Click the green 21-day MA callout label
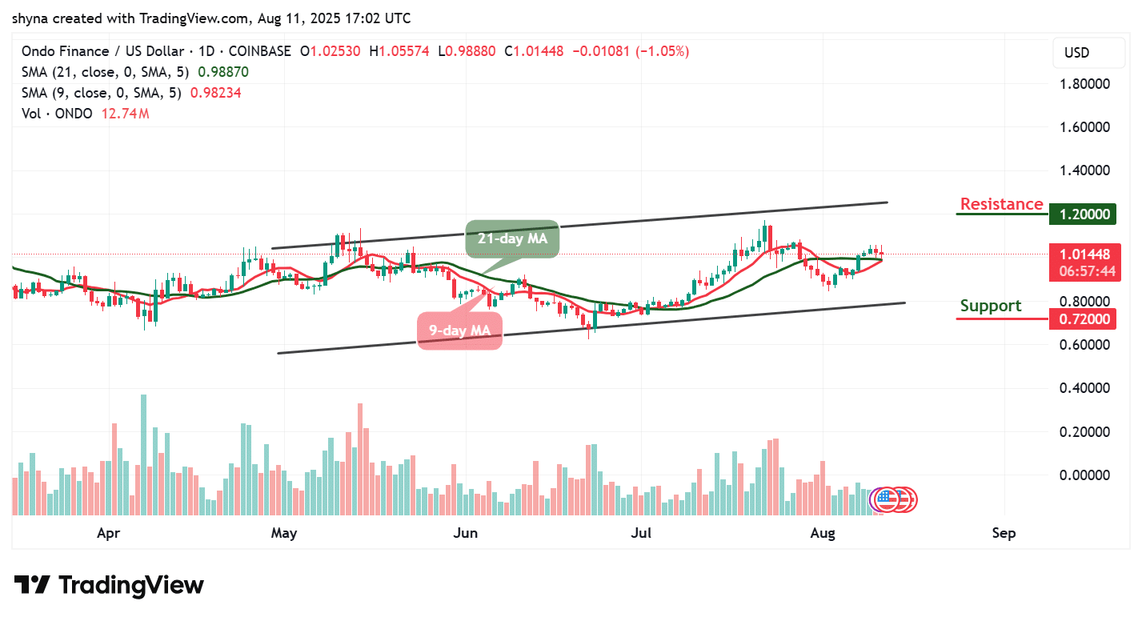(511, 238)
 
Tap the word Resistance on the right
(1001, 204)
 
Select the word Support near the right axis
(991, 306)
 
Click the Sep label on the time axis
(1004, 533)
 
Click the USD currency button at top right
(1076, 53)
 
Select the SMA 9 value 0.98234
(215, 93)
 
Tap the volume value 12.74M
(125, 114)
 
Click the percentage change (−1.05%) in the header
(662, 51)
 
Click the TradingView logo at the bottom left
(109, 585)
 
